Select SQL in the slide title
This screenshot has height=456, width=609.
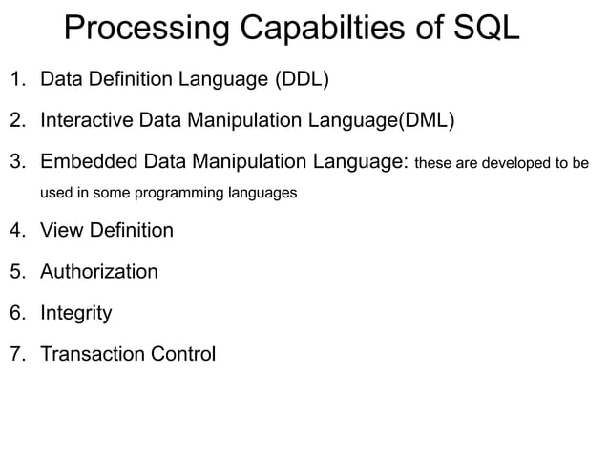[486, 30]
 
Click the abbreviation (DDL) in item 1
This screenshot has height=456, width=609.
[301, 78]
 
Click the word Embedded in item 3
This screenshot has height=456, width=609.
[87, 161]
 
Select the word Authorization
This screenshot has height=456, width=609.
[99, 272]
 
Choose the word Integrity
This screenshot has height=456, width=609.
[76, 314]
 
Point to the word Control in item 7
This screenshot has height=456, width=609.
[184, 355]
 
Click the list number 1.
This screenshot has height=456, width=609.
[16, 78]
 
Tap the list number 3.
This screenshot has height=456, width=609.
[16, 161]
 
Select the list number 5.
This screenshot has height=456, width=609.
[16, 272]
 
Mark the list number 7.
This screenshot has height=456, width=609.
[16, 355]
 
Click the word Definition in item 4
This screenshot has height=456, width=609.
[131, 230]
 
